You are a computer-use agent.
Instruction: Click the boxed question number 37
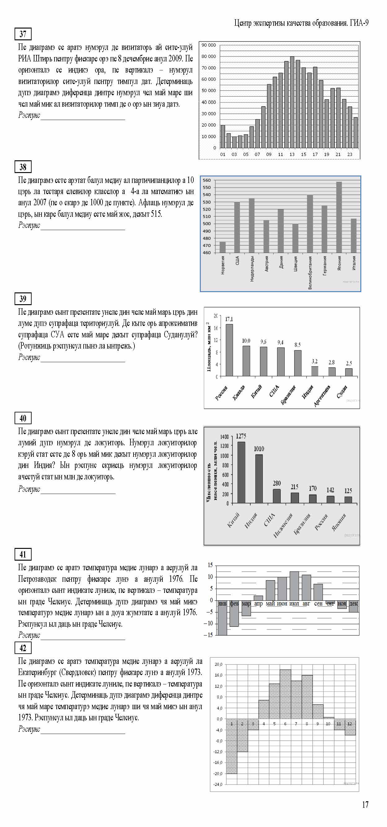click(23, 34)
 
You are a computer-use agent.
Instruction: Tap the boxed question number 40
click(23, 418)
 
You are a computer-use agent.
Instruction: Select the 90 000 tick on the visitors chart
click(209, 45)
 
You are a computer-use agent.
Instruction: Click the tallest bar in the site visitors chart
click(292, 102)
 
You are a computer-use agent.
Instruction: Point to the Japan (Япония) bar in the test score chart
click(339, 217)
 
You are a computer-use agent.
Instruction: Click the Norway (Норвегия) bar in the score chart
click(222, 247)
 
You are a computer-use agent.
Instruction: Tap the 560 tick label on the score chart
click(207, 180)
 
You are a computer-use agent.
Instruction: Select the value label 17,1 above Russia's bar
click(229, 319)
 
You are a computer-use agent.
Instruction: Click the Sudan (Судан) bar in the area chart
click(349, 372)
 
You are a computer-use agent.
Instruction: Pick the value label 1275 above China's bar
click(241, 436)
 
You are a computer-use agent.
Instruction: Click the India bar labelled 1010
click(259, 478)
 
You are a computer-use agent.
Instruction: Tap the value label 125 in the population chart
click(348, 491)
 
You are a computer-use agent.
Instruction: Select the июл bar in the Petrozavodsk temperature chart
click(294, 586)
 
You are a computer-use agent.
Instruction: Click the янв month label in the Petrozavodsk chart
click(222, 603)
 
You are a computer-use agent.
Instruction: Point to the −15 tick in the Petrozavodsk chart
click(209, 635)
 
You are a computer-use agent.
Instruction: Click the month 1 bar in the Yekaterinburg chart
click(232, 748)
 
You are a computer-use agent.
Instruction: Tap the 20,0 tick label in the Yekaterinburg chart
click(218, 664)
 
